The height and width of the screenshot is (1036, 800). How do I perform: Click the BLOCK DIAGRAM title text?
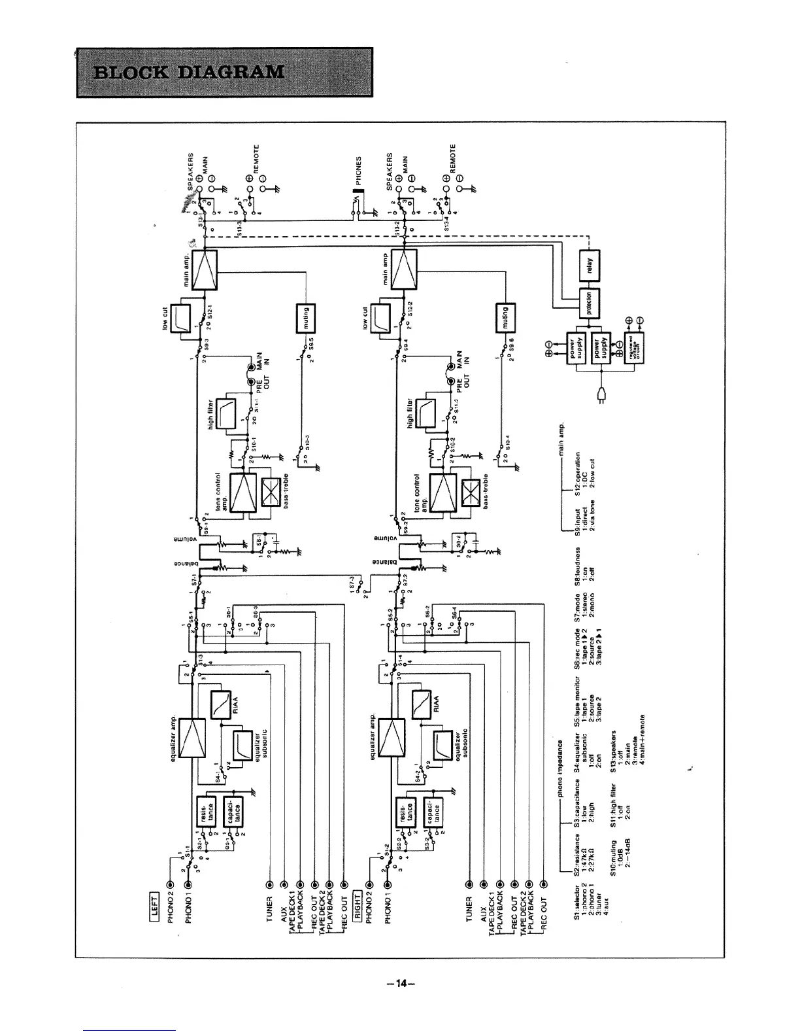click(x=190, y=71)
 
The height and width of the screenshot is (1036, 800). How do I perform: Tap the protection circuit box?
click(x=588, y=303)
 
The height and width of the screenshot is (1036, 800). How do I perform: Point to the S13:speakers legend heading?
click(x=613, y=752)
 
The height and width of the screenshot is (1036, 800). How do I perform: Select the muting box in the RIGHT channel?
click(x=507, y=319)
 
